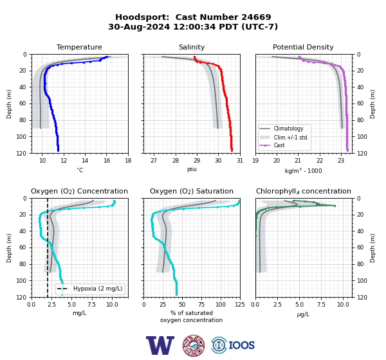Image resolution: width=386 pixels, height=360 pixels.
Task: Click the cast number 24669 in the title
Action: click(256, 17)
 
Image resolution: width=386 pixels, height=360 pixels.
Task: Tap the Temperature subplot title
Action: click(79, 47)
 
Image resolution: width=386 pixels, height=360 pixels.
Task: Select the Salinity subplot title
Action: click(192, 47)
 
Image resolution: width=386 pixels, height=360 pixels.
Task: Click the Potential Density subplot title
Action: click(303, 47)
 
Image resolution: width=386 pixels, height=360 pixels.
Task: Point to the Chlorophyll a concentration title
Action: click(303, 191)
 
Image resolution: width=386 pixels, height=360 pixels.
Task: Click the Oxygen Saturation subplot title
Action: click(192, 191)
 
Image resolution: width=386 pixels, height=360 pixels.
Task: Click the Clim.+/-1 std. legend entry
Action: click(284, 137)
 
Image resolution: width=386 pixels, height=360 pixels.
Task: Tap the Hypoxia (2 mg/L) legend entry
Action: click(90, 289)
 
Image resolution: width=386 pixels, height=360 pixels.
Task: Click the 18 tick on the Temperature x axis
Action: click(128, 161)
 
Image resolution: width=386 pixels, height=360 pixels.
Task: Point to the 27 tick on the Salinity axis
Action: click(154, 161)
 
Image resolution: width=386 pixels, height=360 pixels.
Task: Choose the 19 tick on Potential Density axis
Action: click(255, 161)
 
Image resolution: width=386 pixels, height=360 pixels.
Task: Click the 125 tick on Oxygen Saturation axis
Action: click(240, 305)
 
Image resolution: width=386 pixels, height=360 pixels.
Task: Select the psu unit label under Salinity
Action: click(192, 169)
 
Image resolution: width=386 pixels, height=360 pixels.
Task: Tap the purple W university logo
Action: click(160, 345)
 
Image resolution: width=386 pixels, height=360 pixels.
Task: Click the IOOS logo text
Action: click(241, 345)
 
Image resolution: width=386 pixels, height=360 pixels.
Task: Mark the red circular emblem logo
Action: click(194, 345)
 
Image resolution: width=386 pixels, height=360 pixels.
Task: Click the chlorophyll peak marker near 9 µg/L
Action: click(335, 206)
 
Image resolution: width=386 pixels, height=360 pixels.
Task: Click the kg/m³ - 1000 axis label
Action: click(303, 170)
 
